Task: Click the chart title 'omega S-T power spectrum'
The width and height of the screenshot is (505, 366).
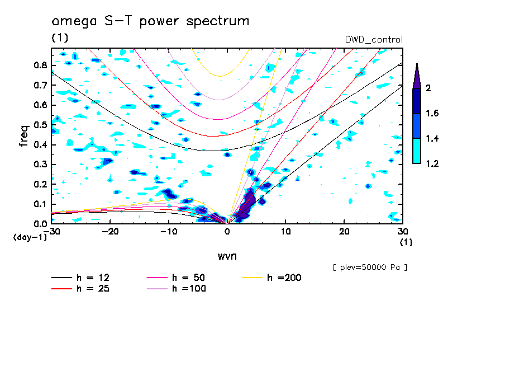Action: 150,21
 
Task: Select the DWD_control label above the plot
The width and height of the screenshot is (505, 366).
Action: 374,39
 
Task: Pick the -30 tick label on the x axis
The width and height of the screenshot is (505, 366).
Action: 52,231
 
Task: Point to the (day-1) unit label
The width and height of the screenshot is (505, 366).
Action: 30,237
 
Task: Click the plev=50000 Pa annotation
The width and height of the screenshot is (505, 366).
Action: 370,268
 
